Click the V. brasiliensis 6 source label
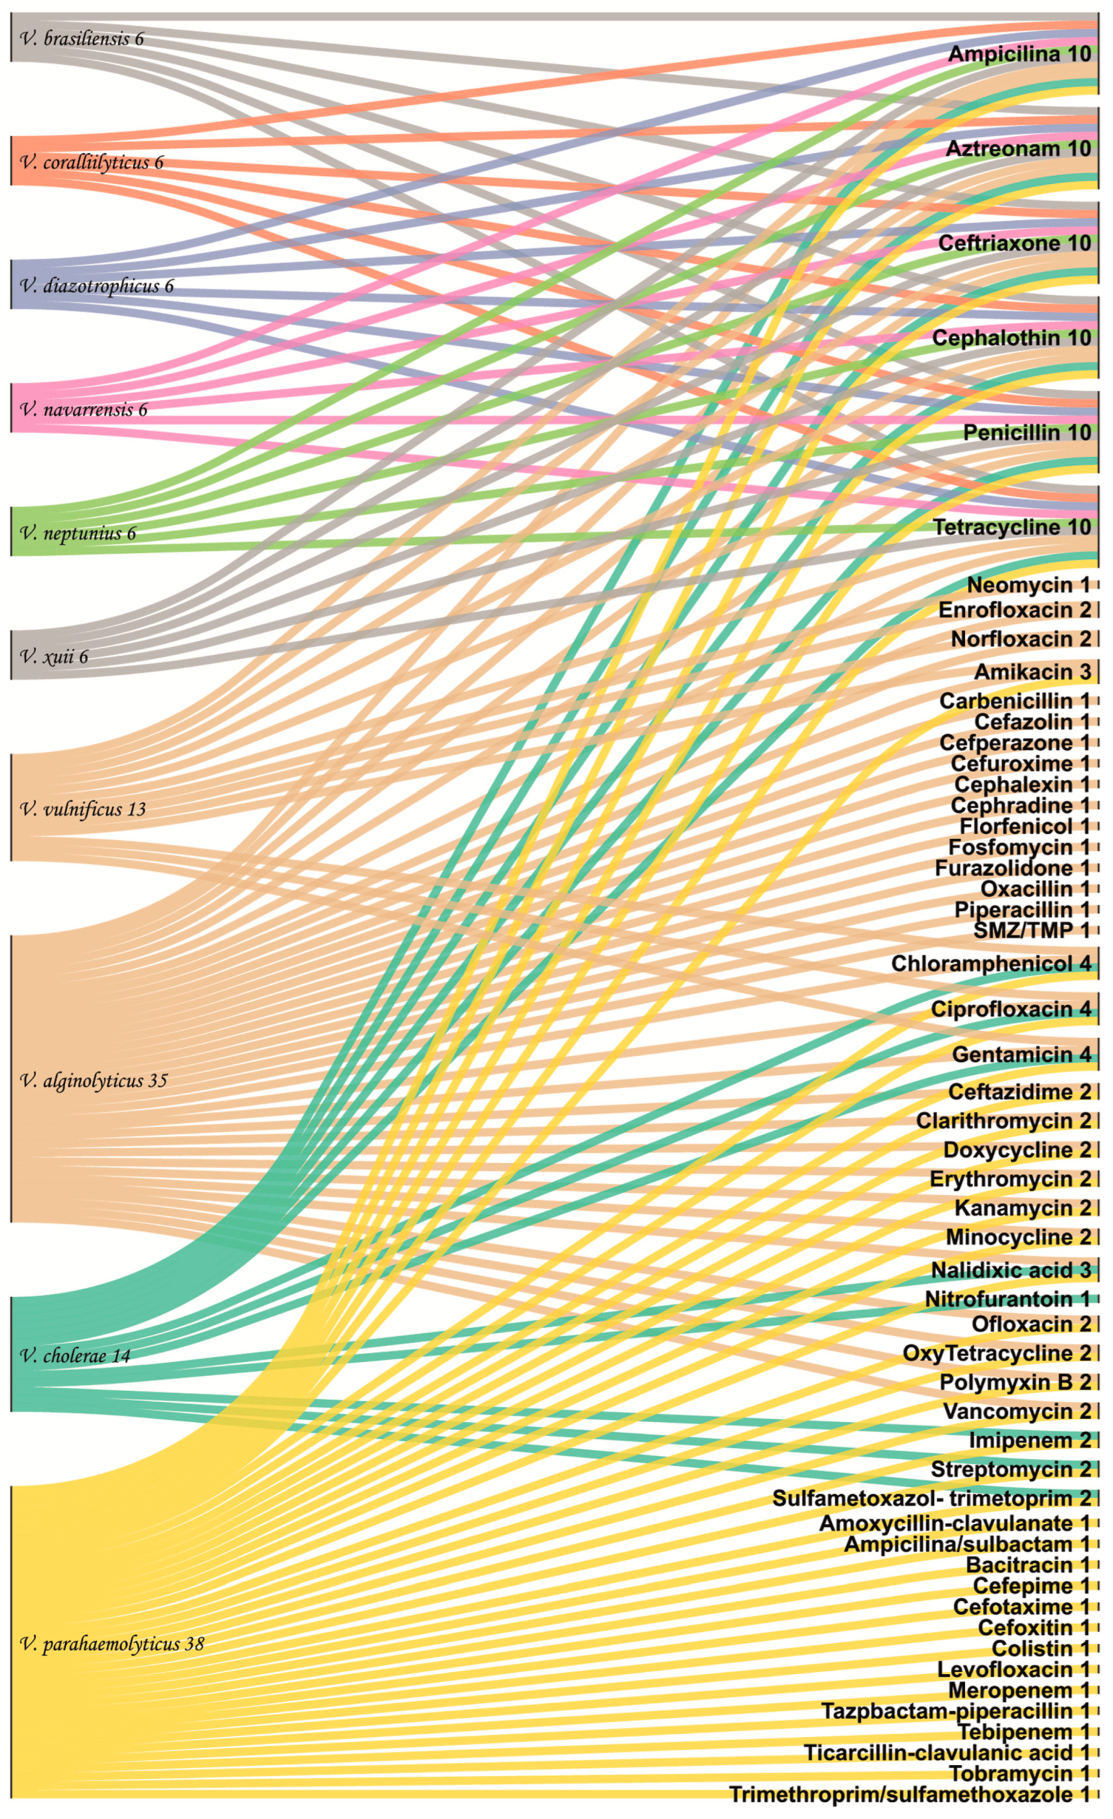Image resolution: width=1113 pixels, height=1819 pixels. pos(82,38)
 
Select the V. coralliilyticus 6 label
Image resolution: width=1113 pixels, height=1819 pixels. pos(91,163)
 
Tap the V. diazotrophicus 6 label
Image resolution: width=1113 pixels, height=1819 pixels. pos(97,286)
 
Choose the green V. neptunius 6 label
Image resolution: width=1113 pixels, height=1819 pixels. pos(78,533)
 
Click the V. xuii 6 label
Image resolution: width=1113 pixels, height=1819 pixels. pos(54,656)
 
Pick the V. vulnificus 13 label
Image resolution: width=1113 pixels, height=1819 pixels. pos(83,809)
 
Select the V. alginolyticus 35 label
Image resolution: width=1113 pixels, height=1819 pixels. pos(94,1081)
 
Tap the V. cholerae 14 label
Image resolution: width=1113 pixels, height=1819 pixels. pos(75,1356)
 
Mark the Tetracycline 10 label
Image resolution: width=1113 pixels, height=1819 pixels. pos(1012,527)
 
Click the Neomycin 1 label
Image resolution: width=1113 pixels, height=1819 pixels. pos(1028,585)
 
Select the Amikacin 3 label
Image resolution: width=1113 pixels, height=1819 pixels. pos(1032,672)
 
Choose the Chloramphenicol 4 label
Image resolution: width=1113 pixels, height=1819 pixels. pos(991,963)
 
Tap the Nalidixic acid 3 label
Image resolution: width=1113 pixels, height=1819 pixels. pos(1010,1270)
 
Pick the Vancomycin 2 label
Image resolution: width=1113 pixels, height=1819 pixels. pos(1016,1412)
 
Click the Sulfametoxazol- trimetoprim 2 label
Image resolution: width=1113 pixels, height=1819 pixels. pos(931,1498)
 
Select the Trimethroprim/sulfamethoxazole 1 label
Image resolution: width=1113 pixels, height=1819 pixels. pos(909,1794)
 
